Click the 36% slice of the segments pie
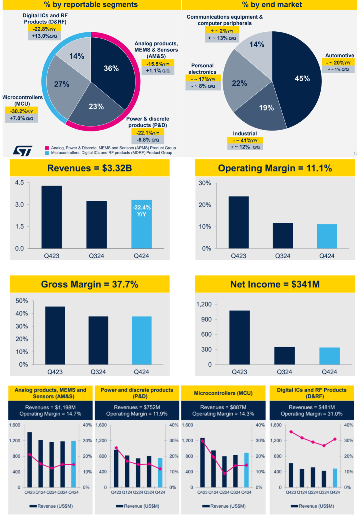[112, 68]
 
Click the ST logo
[23, 151]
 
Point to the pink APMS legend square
[47, 148]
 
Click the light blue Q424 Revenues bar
[142, 230]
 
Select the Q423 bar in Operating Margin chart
[239, 222]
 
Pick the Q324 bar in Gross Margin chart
[98, 340]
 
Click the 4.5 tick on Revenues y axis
[19, 182]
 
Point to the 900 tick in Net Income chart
[206, 319]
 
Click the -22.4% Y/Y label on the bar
[142, 211]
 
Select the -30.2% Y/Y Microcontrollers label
[21, 111]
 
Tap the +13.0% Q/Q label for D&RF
[44, 36]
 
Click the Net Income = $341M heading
[275, 284]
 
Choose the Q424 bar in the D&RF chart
[335, 478]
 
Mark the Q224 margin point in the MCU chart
[225, 473]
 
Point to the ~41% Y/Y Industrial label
[245, 140]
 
